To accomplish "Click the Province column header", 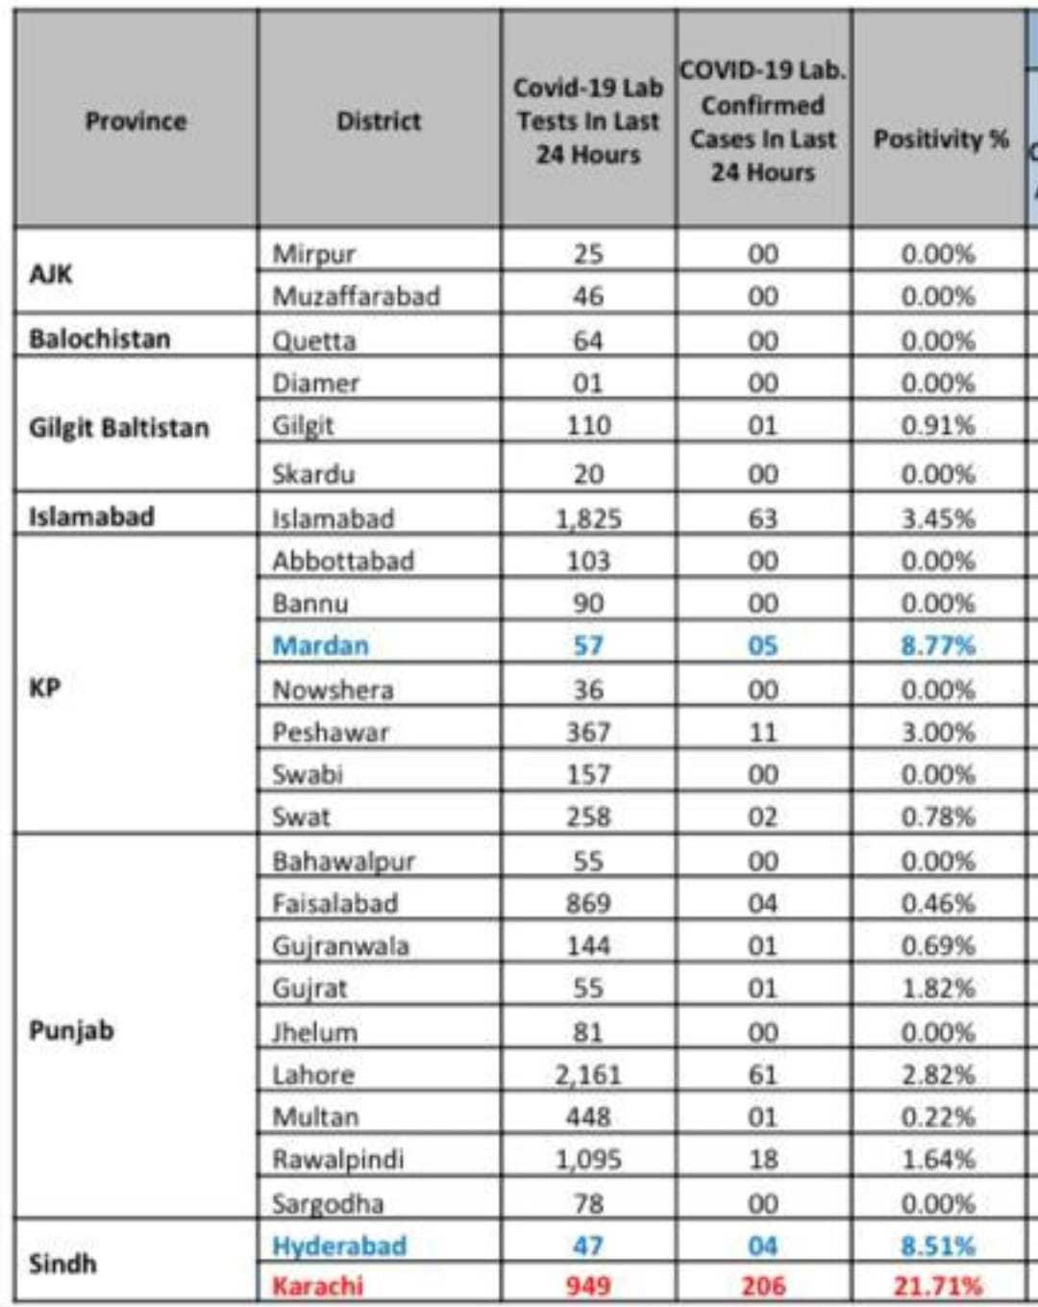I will click(x=136, y=121).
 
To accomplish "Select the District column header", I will click(x=379, y=121).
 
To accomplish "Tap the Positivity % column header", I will click(x=940, y=139).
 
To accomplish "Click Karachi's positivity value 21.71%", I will click(x=938, y=1286).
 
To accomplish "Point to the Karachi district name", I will click(x=318, y=1286).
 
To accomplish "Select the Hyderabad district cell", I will click(x=339, y=1245).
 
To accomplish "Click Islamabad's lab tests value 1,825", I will click(x=588, y=518).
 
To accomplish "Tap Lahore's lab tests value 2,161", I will click(x=588, y=1074).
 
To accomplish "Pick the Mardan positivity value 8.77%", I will click(x=938, y=645).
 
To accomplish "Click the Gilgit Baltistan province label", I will click(x=119, y=428).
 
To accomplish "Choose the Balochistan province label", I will click(x=100, y=339).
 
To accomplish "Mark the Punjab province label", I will click(x=72, y=1030).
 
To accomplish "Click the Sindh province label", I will click(x=63, y=1263).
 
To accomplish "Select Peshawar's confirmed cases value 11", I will click(x=763, y=732).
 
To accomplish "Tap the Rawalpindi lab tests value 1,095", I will click(x=588, y=1159).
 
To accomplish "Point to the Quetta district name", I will click(x=314, y=340).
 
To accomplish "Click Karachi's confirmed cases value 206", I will click(x=763, y=1286).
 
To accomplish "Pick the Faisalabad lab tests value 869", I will click(x=588, y=903).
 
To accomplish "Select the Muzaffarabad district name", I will click(x=356, y=295).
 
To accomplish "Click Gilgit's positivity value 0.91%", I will click(x=938, y=425).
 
